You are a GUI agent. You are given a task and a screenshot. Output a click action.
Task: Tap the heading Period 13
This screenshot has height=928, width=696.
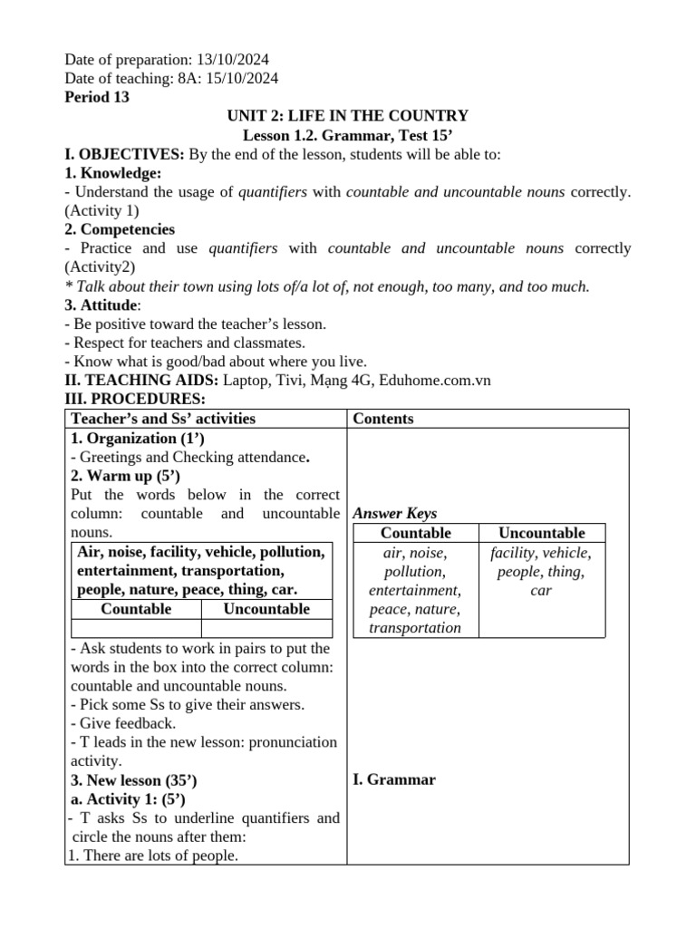pos(97,97)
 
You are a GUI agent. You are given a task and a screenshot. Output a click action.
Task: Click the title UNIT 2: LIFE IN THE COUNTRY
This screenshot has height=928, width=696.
pos(348,116)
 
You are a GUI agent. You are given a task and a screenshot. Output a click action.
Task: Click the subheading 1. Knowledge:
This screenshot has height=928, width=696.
pos(112,173)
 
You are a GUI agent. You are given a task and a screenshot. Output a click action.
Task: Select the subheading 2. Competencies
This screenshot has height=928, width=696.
pos(120,229)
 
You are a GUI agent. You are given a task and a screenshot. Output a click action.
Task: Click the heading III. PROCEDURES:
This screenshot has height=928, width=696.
pos(135,399)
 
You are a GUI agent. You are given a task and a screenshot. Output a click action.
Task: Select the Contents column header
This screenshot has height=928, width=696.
pos(383,419)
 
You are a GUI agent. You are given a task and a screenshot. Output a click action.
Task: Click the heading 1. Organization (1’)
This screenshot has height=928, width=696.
pos(137,438)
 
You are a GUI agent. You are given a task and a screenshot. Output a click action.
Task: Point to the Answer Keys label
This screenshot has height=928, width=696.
pos(395,514)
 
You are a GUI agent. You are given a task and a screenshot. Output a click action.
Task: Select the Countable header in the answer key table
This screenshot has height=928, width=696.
pos(416,533)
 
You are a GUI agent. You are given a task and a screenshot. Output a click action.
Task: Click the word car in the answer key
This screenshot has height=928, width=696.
pos(542,591)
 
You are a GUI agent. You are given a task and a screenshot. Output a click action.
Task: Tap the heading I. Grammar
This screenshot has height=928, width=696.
pos(394,779)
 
